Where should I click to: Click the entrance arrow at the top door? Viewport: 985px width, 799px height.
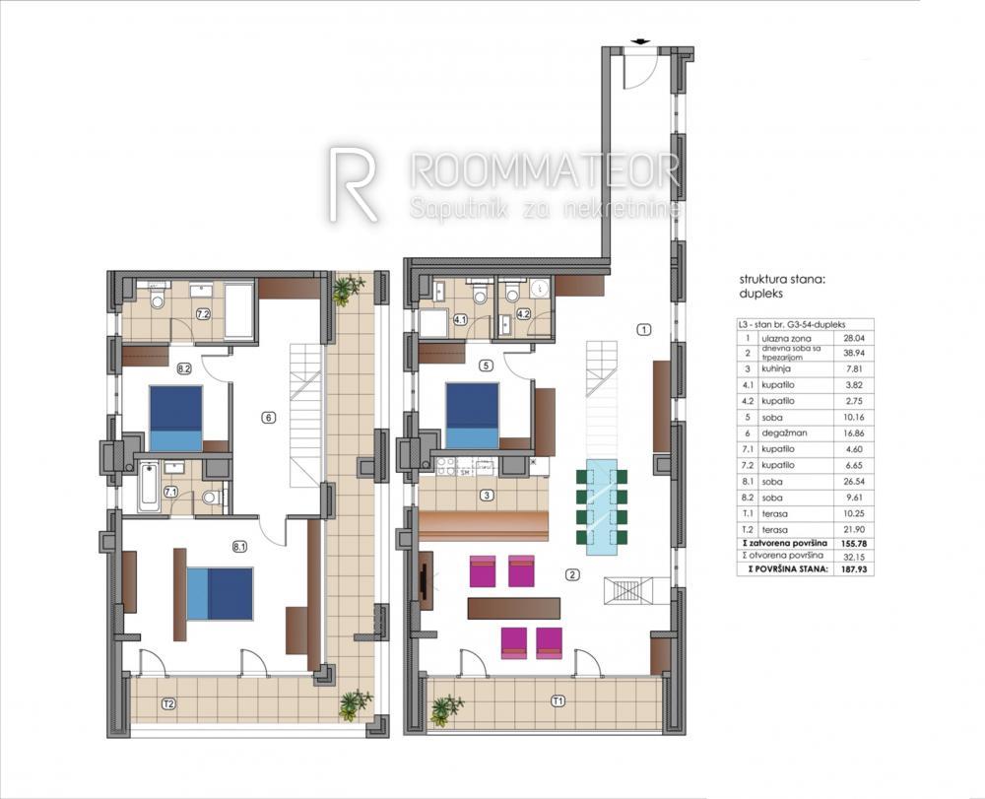pos(641,41)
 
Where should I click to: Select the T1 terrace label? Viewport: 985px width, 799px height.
pos(558,700)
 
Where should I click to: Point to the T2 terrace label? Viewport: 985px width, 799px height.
pos(169,703)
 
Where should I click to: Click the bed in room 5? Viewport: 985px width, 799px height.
pos(472,416)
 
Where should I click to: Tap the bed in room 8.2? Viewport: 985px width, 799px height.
pos(175,418)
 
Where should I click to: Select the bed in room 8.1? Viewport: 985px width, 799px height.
pos(220,593)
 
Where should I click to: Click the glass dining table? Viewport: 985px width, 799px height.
pos(600,502)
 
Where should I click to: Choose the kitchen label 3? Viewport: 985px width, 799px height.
pos(486,495)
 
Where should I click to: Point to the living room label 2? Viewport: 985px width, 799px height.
pos(570,574)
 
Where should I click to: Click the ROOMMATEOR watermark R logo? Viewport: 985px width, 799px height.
pos(353,184)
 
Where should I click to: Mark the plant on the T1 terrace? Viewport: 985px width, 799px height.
pos(446,708)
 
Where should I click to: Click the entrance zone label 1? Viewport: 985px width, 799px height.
pos(643,329)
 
